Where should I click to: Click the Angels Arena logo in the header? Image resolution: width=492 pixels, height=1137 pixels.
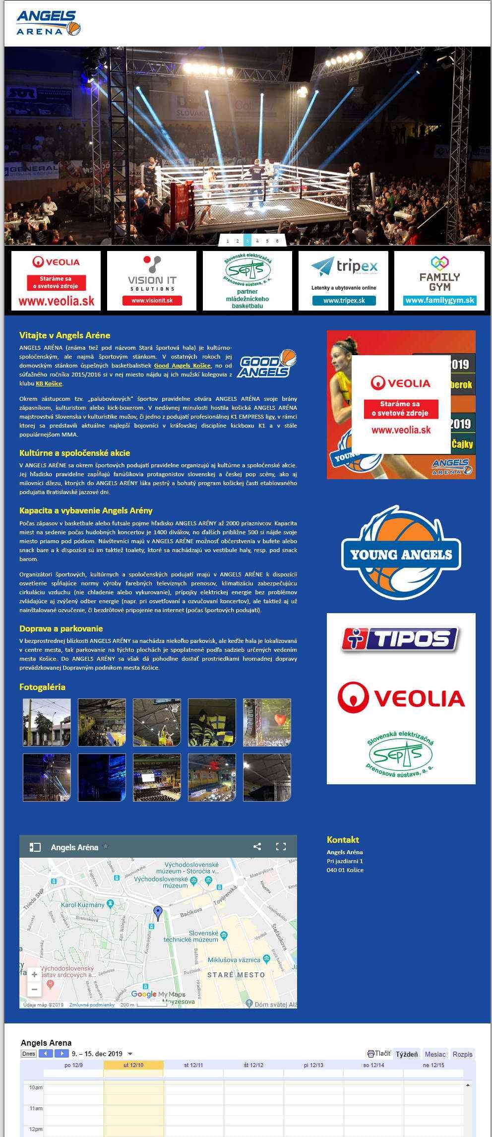tap(48, 24)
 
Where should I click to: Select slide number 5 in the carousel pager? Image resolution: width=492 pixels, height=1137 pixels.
tap(267, 241)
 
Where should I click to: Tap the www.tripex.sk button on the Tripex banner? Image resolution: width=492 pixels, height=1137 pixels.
tap(344, 301)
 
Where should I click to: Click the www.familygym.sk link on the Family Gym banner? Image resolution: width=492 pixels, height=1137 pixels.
tap(439, 300)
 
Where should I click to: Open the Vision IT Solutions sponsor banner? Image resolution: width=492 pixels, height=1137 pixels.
tap(152, 281)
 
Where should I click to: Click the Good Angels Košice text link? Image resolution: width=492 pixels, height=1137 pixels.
tap(182, 366)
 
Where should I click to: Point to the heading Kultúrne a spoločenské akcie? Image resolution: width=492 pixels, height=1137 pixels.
tap(74, 453)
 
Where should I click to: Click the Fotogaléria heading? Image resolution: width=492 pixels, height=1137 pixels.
tap(42, 687)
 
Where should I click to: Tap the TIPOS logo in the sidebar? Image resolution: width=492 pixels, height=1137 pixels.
tap(401, 639)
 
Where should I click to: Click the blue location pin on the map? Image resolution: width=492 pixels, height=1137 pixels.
tap(158, 911)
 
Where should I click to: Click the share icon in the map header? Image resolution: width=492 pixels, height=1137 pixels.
tap(257, 847)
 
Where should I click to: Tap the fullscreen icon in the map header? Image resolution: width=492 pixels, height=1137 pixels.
tap(281, 847)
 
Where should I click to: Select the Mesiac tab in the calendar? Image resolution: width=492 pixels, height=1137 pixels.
tap(435, 1054)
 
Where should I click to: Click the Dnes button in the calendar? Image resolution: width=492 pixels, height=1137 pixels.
tap(29, 1054)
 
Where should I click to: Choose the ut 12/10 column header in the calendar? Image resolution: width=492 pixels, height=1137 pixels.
tap(133, 1065)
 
